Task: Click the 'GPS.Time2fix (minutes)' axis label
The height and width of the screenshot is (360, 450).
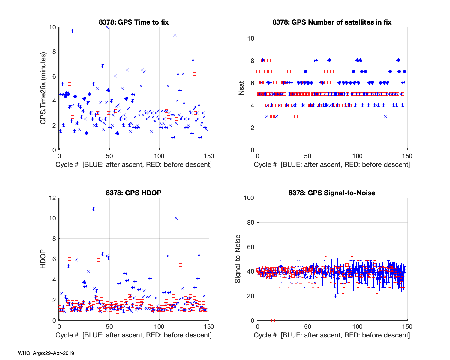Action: pyautogui.click(x=43, y=88)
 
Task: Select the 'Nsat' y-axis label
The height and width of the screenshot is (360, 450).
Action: pyautogui.click(x=241, y=88)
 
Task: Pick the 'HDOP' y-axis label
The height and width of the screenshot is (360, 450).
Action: pyautogui.click(x=43, y=259)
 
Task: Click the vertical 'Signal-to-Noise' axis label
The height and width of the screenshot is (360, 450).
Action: pyautogui.click(x=238, y=259)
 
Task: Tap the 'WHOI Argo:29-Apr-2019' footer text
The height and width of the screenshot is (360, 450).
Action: pyautogui.click(x=46, y=353)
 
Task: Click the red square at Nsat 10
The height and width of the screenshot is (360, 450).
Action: pyautogui.click(x=398, y=38)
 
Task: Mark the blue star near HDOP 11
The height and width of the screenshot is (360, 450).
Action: pyautogui.click(x=93, y=209)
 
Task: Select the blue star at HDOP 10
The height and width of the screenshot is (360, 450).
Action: pyautogui.click(x=176, y=218)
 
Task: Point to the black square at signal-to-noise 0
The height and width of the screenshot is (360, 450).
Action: pyautogui.click(x=273, y=320)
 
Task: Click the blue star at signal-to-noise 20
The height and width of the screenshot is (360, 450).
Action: pyautogui.click(x=335, y=296)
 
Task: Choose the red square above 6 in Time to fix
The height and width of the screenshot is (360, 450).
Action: pyautogui.click(x=194, y=74)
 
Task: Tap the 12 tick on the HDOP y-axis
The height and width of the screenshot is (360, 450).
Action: pyautogui.click(x=53, y=198)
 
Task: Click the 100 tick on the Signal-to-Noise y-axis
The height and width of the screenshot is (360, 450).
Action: pyautogui.click(x=249, y=198)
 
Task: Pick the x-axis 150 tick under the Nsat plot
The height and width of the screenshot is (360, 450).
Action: pyautogui.click(x=407, y=156)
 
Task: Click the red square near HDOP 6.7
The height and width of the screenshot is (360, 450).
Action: pyautogui.click(x=150, y=252)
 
